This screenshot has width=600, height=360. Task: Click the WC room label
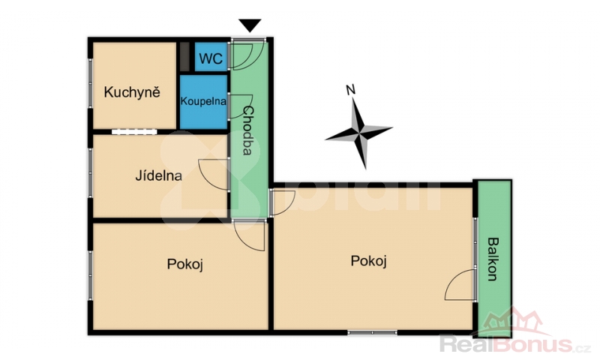tap(211, 58)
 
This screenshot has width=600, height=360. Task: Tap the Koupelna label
tap(203, 101)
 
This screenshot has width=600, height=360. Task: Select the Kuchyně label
tap(132, 92)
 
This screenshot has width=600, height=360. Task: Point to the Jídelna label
tap(158, 175)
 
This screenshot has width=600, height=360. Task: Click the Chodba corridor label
tap(248, 130)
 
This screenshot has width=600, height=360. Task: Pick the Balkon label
tap(493, 259)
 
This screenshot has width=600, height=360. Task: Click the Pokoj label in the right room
tap(369, 261)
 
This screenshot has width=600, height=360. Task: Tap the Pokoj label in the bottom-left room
tap(184, 264)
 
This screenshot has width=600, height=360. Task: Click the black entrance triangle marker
tap(250, 25)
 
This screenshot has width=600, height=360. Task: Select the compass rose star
tap(360, 132)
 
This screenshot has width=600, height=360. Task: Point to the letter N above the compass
tap(350, 90)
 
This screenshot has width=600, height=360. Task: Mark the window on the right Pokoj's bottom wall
tap(372, 332)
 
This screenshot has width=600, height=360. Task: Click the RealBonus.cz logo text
tap(514, 344)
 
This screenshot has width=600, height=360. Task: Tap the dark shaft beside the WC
tap(184, 56)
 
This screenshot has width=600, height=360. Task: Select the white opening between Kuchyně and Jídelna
tap(134, 131)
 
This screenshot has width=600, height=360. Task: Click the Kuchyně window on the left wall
tap(91, 83)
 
